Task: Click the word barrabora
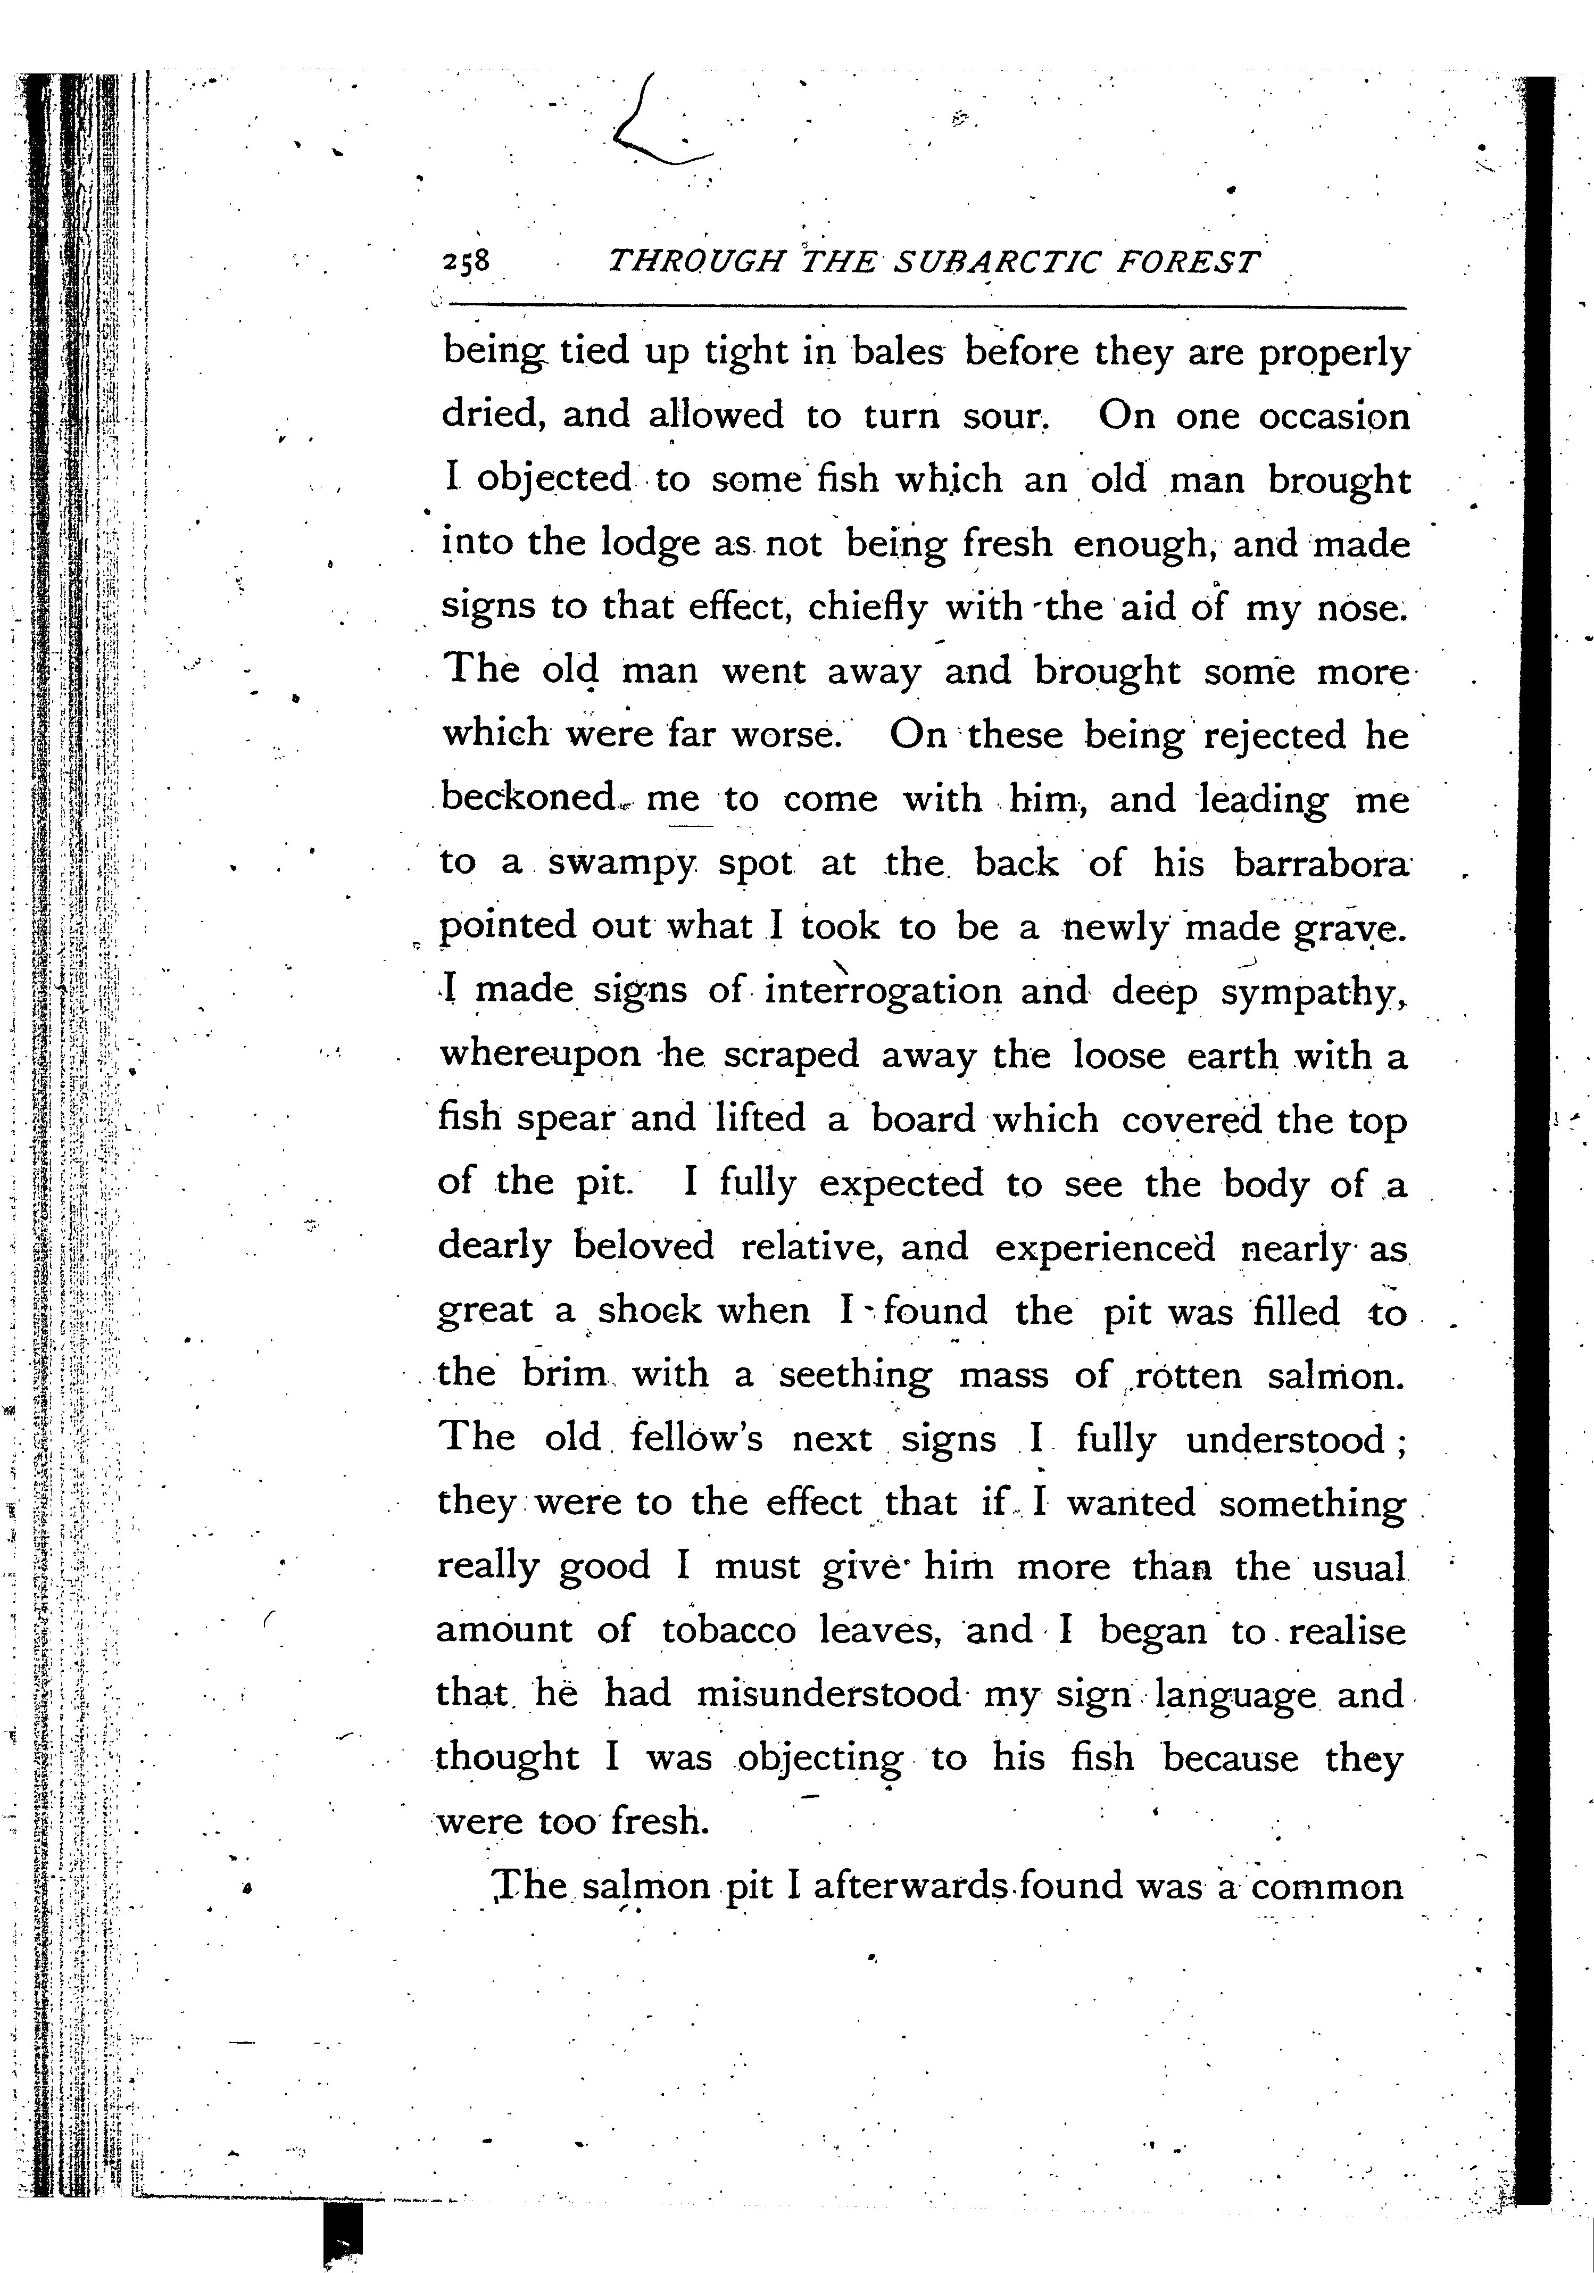tap(1320, 863)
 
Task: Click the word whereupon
tap(539, 1055)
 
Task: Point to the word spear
tap(566, 1119)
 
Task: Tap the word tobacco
tap(729, 1630)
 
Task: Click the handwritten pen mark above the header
tap(653, 124)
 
